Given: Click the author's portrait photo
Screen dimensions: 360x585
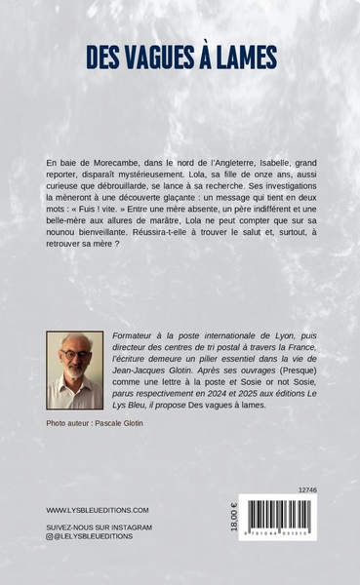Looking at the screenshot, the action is (x=74, y=370).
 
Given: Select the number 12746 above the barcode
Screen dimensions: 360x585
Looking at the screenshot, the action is (x=305, y=490).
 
